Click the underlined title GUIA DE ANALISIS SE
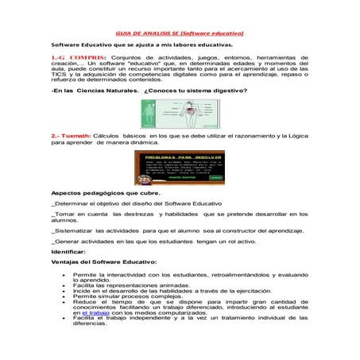[180, 33]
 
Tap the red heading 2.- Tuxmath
[71, 136]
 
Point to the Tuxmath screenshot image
[180, 168]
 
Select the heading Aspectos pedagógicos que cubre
[105, 193]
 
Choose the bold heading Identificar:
[70, 251]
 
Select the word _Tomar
[63, 215]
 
